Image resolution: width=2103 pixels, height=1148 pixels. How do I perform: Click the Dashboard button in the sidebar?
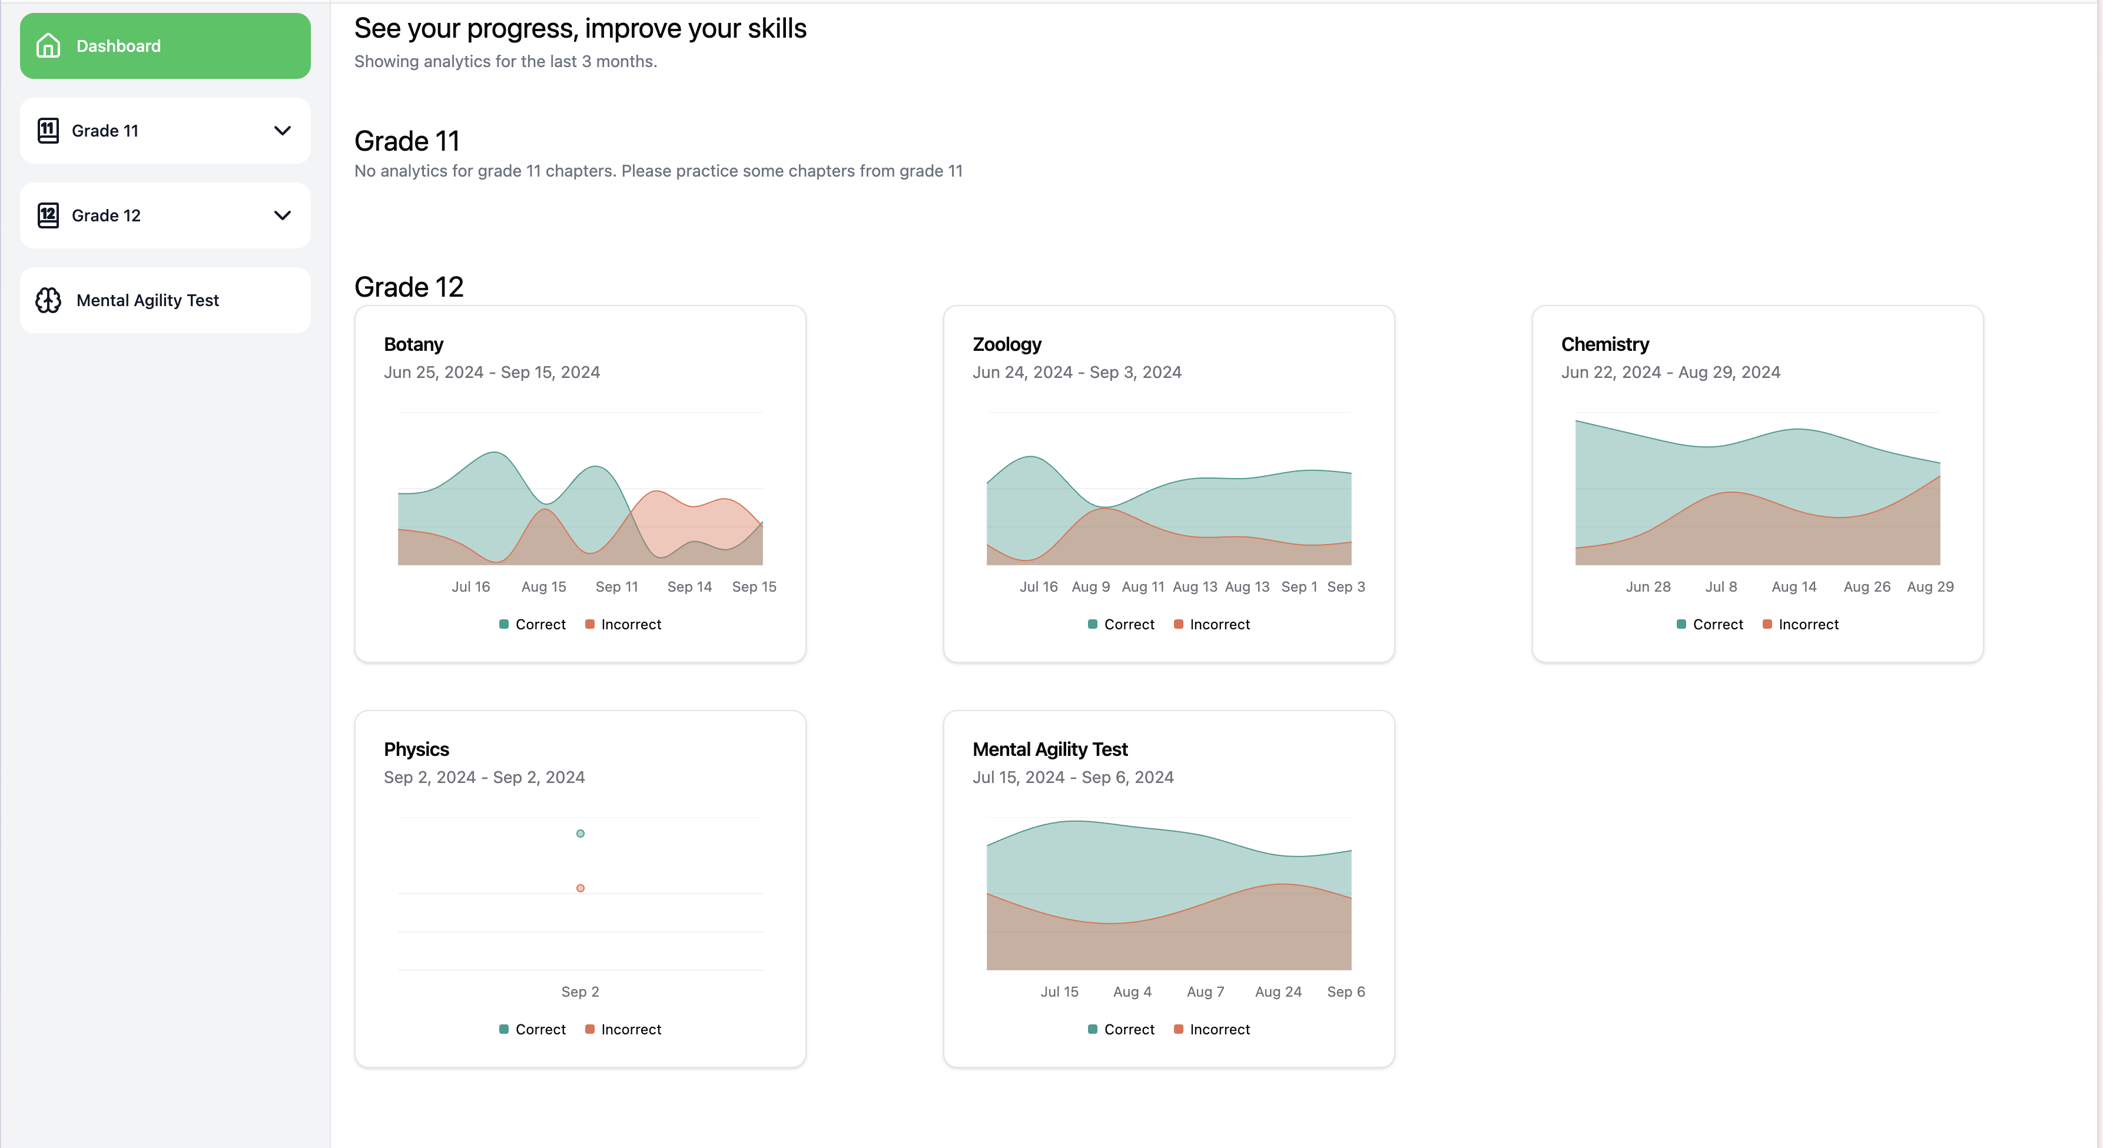click(165, 46)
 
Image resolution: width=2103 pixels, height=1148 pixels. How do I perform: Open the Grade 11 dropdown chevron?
click(283, 131)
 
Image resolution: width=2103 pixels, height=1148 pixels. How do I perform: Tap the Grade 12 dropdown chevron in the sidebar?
click(283, 215)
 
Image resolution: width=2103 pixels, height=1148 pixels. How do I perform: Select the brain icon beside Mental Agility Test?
click(48, 300)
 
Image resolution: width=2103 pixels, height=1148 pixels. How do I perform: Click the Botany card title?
click(413, 344)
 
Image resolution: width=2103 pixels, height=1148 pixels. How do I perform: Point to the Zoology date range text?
click(1077, 372)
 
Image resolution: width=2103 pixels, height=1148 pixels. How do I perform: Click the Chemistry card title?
click(1604, 344)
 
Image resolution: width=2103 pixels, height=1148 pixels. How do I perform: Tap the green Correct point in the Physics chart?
click(581, 834)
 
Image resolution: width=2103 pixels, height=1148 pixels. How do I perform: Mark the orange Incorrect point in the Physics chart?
click(581, 888)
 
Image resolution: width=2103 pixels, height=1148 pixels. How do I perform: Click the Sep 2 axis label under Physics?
click(580, 992)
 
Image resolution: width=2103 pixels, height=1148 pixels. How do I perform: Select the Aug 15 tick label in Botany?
click(544, 587)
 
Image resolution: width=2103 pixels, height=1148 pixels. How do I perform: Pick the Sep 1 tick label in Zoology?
click(1299, 587)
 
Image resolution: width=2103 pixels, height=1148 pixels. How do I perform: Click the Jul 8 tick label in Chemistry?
click(1721, 587)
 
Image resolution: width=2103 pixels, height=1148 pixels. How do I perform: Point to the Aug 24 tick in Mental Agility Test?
click(1278, 992)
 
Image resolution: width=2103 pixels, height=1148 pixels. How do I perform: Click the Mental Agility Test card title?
click(1050, 749)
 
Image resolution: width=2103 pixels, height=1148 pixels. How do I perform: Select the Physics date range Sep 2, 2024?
click(484, 777)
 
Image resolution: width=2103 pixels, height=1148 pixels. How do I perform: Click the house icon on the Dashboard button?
click(48, 46)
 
